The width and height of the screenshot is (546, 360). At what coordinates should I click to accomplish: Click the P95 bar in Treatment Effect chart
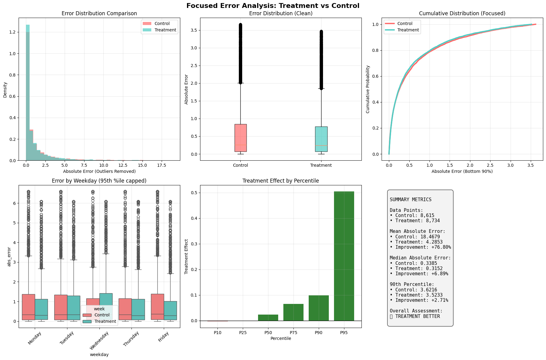(x=344, y=256)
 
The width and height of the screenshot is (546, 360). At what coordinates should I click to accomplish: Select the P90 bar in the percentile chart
(x=318, y=308)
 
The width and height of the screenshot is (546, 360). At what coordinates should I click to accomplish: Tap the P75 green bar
(x=293, y=312)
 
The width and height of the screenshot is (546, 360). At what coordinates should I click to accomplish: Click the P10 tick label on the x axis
(x=217, y=333)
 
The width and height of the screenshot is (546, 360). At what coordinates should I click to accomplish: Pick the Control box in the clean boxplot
(x=240, y=138)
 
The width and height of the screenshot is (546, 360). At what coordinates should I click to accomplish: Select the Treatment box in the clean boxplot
(x=321, y=139)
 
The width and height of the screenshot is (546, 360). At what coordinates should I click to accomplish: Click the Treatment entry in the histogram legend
(x=165, y=30)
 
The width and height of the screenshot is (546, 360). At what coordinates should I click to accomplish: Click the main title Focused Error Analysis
(x=273, y=6)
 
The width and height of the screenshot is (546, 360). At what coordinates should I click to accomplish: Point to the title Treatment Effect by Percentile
(x=281, y=181)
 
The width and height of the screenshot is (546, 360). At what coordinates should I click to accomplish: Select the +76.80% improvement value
(x=438, y=247)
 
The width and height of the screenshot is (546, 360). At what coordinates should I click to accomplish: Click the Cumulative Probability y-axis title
(x=368, y=89)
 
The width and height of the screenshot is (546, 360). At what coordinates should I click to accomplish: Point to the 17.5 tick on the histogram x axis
(x=161, y=165)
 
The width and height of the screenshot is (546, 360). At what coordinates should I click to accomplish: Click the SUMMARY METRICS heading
(x=411, y=200)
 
